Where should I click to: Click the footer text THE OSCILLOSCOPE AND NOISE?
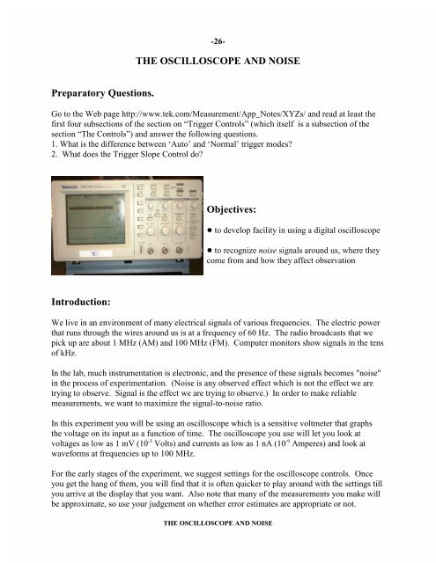click(217, 545)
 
